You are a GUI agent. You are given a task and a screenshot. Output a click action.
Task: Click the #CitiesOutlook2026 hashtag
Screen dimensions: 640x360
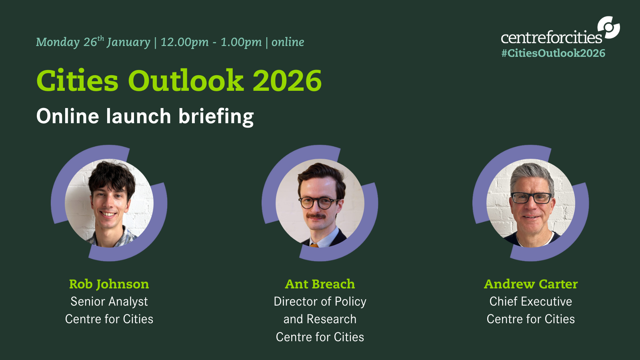tap(553, 53)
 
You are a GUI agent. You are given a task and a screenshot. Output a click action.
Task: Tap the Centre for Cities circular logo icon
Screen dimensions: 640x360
tap(608, 28)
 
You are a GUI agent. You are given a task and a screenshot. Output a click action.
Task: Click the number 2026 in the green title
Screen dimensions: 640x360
tap(287, 80)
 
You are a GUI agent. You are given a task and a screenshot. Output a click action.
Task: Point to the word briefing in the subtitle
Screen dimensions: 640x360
tap(216, 116)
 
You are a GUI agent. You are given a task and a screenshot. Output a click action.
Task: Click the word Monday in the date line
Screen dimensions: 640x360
tap(58, 42)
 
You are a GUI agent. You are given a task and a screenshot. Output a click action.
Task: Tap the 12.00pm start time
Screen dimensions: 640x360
tap(184, 42)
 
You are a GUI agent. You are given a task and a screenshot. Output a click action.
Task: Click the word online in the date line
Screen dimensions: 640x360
tap(288, 42)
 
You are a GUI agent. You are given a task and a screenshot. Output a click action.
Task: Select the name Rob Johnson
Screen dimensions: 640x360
tap(109, 284)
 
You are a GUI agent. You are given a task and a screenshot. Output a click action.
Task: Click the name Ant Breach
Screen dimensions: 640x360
tap(320, 284)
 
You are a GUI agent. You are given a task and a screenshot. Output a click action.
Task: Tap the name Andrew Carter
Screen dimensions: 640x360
tap(531, 284)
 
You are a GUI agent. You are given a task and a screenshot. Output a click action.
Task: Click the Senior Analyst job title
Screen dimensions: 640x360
tap(109, 302)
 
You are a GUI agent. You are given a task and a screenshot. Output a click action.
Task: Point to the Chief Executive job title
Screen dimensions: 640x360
tap(531, 302)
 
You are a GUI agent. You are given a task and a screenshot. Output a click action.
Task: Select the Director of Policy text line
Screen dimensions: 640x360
tap(320, 302)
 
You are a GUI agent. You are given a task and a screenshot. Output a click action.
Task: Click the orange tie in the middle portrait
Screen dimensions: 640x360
tap(314, 245)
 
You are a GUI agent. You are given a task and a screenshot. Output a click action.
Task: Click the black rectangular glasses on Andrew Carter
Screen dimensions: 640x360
tap(532, 198)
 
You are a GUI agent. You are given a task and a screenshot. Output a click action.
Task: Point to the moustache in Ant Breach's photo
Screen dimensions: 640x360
tap(316, 216)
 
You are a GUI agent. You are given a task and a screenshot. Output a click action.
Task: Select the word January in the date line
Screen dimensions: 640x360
tap(128, 42)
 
